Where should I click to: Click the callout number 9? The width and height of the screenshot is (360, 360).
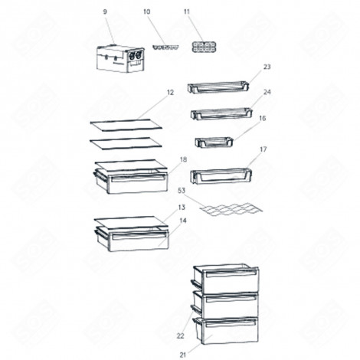[106, 13]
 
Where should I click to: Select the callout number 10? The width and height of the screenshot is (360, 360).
[147, 13]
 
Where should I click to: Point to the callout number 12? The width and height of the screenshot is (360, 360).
[170, 92]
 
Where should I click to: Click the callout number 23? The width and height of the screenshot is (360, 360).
[267, 67]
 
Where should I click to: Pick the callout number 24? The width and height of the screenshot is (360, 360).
[267, 93]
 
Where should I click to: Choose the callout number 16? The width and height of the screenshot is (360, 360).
[263, 119]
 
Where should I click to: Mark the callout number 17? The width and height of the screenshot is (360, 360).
[263, 149]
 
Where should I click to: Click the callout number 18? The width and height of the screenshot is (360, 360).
[183, 159]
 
